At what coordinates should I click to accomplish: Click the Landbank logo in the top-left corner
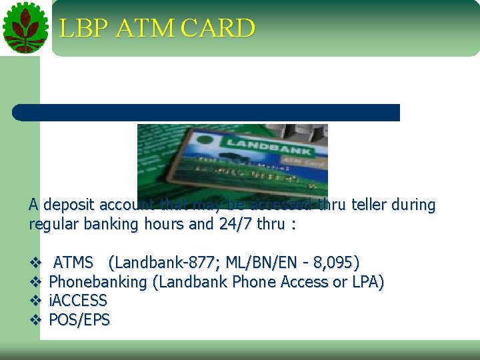tap(25, 27)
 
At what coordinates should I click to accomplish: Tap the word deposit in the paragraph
tap(69, 205)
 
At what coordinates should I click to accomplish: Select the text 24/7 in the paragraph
tap(237, 224)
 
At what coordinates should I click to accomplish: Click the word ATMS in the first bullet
tap(73, 263)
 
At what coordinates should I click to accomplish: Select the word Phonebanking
tap(98, 282)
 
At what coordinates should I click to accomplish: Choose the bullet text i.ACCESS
tap(78, 301)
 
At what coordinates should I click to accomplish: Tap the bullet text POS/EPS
tap(79, 320)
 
